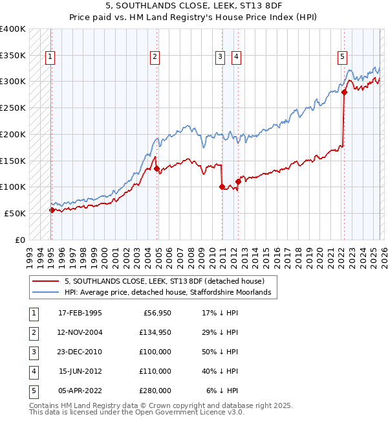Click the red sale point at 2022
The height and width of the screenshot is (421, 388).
[x=344, y=92]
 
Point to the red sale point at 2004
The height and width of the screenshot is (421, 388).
[x=157, y=168]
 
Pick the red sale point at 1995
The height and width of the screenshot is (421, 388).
[x=52, y=210]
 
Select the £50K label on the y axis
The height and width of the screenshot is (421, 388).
[x=15, y=213]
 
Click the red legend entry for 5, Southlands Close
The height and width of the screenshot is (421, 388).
[x=164, y=282]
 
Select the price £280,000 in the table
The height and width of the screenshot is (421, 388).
[x=155, y=391]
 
